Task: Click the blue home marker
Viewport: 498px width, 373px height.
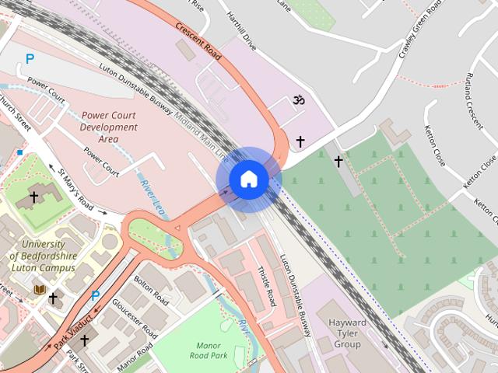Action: click(x=248, y=180)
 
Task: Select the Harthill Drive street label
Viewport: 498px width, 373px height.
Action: click(x=240, y=31)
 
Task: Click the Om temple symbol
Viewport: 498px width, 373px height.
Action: click(x=296, y=101)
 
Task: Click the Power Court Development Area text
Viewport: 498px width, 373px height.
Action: click(x=109, y=127)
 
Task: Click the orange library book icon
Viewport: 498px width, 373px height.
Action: click(x=39, y=289)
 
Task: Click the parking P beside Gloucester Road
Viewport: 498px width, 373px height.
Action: click(x=96, y=295)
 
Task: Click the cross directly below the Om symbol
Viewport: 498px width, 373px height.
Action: click(x=300, y=142)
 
